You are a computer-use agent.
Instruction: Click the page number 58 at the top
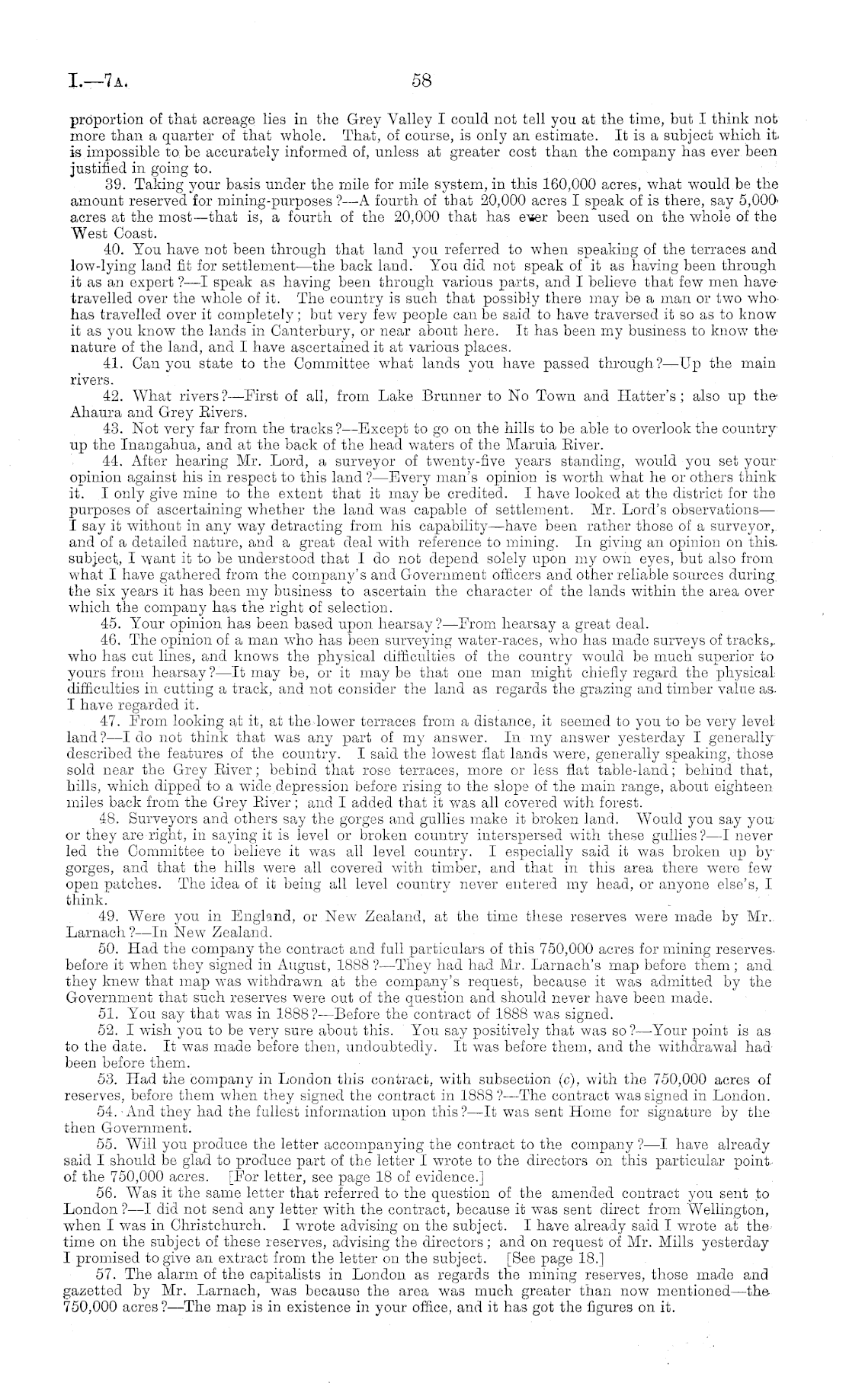point(421,79)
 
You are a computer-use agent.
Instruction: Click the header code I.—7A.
point(98,80)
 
